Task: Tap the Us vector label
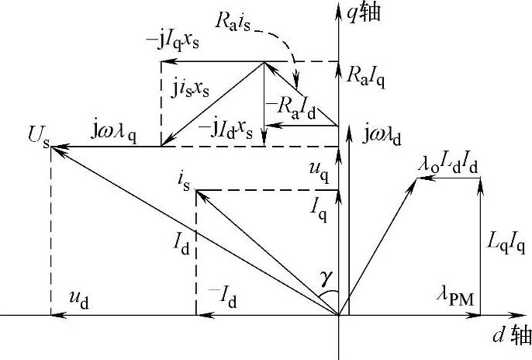pos(36,144)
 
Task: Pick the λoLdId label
pos(447,164)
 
